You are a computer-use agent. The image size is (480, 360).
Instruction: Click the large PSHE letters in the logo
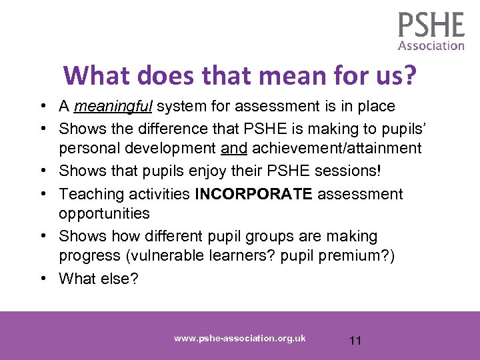tap(431, 25)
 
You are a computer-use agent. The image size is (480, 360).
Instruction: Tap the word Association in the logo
tap(431, 46)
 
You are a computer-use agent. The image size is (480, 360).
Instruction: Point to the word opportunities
tap(104, 213)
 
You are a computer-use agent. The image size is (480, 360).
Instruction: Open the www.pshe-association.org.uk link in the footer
tap(240, 339)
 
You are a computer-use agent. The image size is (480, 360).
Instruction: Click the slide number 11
tap(355, 341)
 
